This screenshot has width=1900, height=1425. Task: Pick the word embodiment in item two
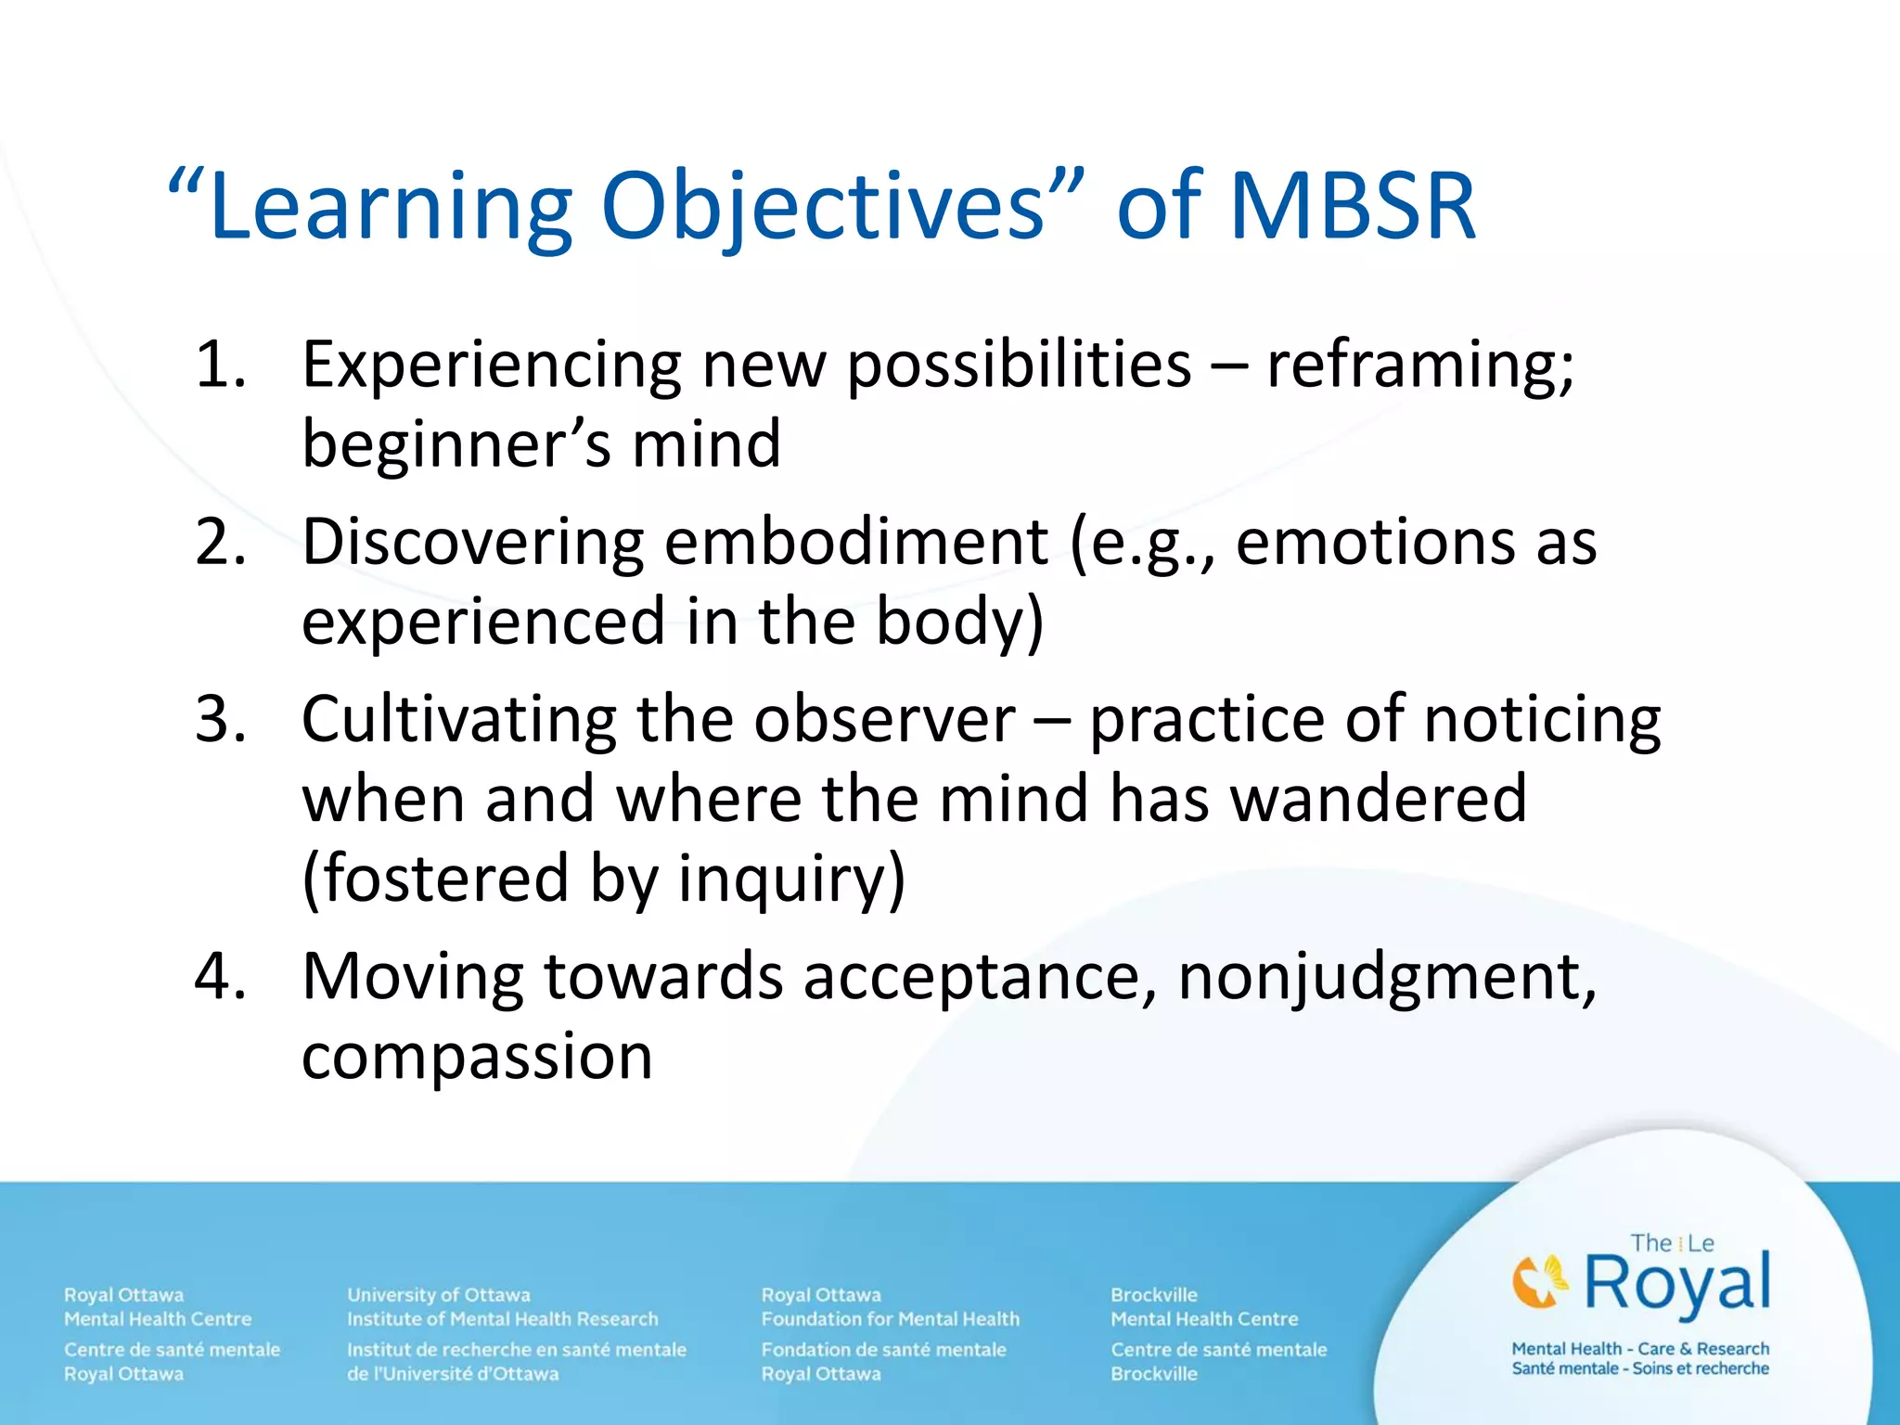tap(856, 542)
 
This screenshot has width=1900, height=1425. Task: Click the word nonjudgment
tap(1386, 978)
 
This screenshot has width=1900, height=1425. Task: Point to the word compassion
tap(477, 1057)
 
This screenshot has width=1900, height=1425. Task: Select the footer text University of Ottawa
tap(438, 1294)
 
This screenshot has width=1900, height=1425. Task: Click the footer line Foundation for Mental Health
tap(890, 1318)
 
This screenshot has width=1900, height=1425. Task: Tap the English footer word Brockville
tap(1153, 1294)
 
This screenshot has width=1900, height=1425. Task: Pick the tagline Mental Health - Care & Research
tap(1639, 1348)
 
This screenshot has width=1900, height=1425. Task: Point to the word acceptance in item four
tap(978, 978)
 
